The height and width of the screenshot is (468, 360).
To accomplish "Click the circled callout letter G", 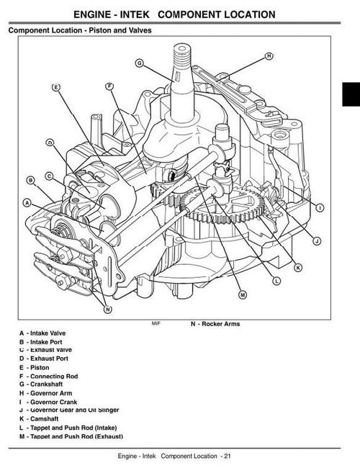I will point(140,63).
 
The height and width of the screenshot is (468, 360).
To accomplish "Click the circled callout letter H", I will point(269,55).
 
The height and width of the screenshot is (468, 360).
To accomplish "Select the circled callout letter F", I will point(110,86).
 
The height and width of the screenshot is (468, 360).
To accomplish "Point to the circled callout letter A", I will point(27,203).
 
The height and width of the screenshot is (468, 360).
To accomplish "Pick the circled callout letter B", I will point(31,180).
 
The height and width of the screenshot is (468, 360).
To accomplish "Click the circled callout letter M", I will point(242,294).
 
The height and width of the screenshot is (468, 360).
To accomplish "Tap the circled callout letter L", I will point(277,280).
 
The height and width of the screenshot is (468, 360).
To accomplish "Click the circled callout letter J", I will point(317,240).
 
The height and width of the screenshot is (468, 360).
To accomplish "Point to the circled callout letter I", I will point(319,207).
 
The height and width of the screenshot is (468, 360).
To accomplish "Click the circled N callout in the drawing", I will point(108,310).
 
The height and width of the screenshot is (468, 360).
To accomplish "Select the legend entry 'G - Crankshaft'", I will point(42,384).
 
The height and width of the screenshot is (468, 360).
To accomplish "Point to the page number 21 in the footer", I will point(227,456).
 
